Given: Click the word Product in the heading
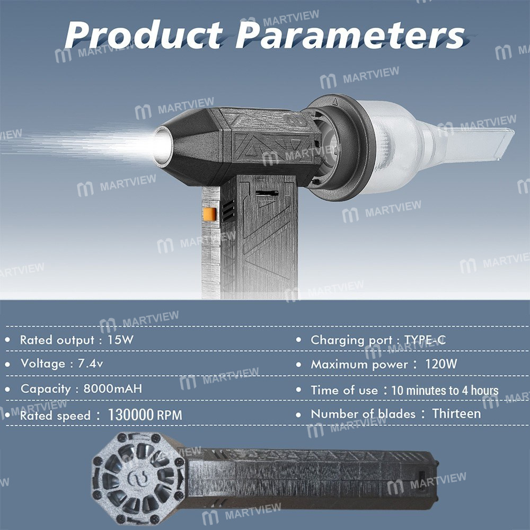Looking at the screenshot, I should [x=144, y=34].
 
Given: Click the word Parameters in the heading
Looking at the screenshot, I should [x=350, y=34].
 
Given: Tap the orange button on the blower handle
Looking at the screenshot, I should [x=209, y=214].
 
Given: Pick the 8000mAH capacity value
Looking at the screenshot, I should [x=112, y=388].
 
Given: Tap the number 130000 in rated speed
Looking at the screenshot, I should [x=131, y=415].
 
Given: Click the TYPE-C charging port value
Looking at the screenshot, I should [x=425, y=340].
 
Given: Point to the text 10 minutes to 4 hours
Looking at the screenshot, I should [x=445, y=391].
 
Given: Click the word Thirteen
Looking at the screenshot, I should [x=456, y=413].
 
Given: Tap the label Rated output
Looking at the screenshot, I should [x=58, y=340].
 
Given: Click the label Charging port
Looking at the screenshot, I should [x=351, y=340].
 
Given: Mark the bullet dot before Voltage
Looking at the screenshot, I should [x=7, y=365].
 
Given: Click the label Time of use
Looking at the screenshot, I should [x=344, y=390].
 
